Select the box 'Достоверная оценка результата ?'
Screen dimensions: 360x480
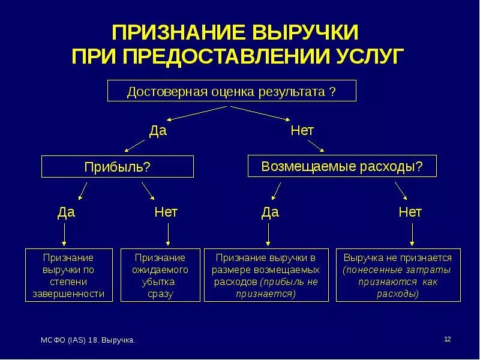231,92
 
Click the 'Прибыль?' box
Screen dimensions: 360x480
117,166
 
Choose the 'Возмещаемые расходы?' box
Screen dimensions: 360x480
342,166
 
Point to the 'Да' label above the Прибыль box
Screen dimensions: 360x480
157,130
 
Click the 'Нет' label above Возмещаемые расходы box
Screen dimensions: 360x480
302,130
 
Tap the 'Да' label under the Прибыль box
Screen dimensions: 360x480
66,212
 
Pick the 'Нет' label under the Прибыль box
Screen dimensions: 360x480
166,212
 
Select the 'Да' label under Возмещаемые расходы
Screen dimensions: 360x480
270,212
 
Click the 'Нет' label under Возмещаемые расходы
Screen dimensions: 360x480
410,212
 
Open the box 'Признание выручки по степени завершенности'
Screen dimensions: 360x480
68,275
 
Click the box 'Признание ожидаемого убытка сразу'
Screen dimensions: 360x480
160,275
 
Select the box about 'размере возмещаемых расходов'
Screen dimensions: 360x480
266,275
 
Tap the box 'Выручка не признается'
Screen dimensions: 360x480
398,275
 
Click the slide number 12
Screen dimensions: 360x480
447,340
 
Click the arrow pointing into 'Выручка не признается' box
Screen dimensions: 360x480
411,234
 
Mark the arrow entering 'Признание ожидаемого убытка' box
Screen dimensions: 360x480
169,234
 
